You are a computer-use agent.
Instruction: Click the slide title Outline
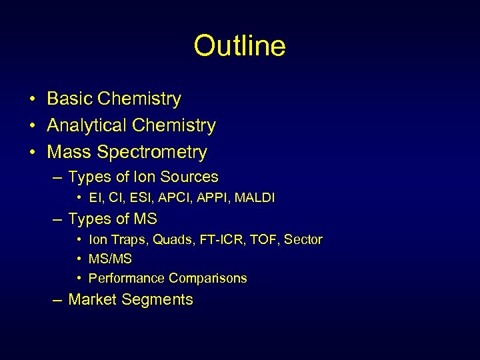[239, 46]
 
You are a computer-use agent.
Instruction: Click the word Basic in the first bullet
[69, 99]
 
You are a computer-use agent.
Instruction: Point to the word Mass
[69, 153]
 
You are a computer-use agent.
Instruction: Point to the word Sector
[303, 240]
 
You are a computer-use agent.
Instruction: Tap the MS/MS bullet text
[110, 259]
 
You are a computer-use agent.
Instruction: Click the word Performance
[126, 279]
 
